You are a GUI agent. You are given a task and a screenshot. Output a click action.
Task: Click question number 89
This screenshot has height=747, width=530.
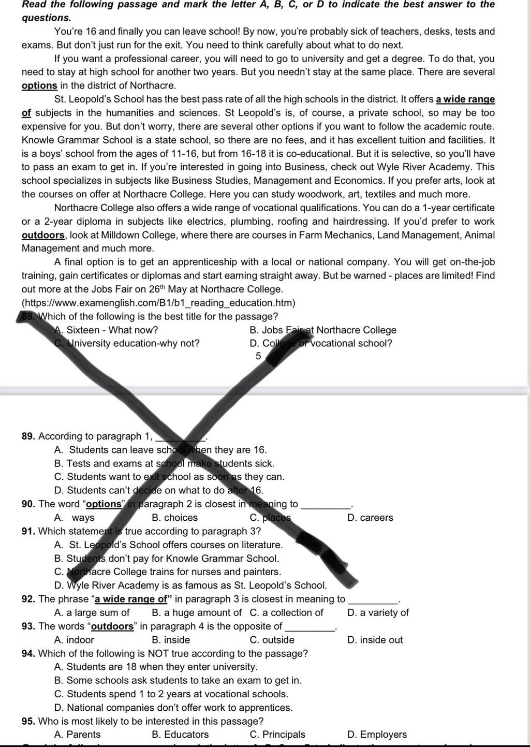click(x=28, y=436)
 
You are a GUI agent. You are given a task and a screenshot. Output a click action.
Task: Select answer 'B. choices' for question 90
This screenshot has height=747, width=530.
click(x=174, y=518)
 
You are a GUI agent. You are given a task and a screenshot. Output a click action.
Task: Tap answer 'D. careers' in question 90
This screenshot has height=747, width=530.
click(x=370, y=518)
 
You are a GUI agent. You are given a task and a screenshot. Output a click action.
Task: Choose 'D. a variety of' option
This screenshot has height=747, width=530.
click(x=378, y=613)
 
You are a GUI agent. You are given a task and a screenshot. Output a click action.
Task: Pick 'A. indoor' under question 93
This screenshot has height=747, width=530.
click(x=73, y=640)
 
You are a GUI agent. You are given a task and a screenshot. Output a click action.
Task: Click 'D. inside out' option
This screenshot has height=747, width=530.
click(x=375, y=640)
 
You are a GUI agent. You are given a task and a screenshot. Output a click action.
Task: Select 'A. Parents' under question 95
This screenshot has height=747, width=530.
click(x=77, y=735)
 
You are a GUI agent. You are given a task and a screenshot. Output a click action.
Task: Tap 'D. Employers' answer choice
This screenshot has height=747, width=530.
click(x=377, y=735)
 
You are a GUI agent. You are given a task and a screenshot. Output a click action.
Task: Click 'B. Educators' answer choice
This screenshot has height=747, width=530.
click(x=180, y=735)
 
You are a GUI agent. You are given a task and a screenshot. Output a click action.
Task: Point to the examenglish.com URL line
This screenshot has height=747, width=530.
click(x=158, y=303)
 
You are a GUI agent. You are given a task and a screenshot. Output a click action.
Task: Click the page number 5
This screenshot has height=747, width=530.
click(x=258, y=356)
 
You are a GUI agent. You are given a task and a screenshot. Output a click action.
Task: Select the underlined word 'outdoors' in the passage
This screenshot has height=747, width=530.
click(x=43, y=235)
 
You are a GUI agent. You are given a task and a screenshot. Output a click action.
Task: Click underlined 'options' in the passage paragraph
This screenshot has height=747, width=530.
click(x=39, y=86)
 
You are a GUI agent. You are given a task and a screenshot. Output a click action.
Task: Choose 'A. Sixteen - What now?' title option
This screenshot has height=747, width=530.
click(x=106, y=330)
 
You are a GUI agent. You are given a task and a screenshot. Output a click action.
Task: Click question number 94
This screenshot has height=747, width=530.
click(x=28, y=654)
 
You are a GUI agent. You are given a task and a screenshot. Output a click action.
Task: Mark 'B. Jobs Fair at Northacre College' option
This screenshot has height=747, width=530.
click(x=322, y=330)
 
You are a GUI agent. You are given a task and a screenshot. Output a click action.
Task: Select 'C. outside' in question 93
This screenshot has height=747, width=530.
click(x=272, y=640)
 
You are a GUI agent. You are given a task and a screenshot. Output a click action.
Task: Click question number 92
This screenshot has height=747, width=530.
click(x=28, y=599)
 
